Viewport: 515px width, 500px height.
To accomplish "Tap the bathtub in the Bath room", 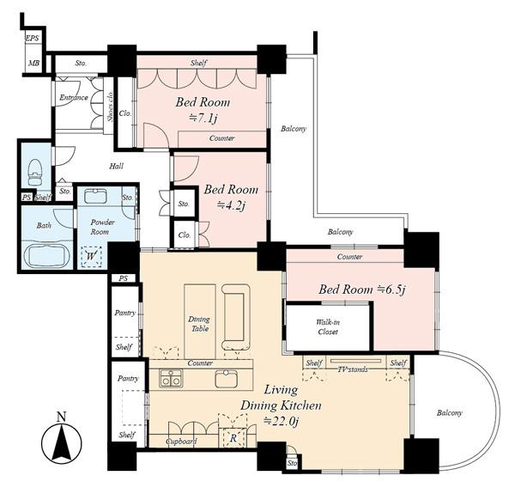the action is pos(48,255).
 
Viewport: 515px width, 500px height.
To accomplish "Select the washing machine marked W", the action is pos(91,256).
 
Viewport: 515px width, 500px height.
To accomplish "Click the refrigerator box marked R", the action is pos(233,437).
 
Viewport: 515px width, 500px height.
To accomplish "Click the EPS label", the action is pos(33,38).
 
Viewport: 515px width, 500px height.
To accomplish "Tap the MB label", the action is pos(33,63).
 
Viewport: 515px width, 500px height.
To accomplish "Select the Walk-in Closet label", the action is pos(328,326).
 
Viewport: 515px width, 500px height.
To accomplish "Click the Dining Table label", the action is pos(199,324).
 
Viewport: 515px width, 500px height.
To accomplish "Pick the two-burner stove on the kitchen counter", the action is pos(171,377).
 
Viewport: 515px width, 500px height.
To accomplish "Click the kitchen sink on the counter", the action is pos(227,378).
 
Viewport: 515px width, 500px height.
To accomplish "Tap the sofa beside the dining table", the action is pos(236,317).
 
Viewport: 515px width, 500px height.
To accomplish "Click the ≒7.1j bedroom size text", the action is pos(203,118).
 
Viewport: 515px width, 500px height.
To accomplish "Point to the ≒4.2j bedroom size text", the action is pos(232,205).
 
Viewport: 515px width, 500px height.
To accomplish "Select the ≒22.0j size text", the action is pos(282,420).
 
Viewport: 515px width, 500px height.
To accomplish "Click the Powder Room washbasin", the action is pos(95,197).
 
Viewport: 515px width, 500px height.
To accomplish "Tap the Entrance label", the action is pos(74,98).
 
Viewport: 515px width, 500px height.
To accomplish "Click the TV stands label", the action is pos(353,369).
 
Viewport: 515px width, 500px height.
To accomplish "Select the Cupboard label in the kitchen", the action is pos(181,442).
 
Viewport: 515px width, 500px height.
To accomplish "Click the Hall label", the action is pos(116,166).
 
